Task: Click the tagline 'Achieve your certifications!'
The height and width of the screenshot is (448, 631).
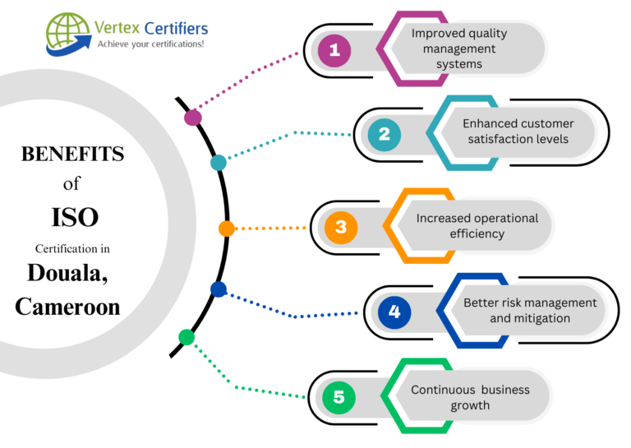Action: [150, 44]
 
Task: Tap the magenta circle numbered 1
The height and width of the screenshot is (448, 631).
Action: [334, 51]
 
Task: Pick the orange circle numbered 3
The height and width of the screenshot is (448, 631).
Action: [341, 228]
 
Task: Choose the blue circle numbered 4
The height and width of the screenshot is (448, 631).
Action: [394, 312]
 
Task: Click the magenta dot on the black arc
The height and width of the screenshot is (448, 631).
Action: [193, 117]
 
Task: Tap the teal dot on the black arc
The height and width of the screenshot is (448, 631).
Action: [218, 163]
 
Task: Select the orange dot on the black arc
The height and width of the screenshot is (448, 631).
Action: [227, 229]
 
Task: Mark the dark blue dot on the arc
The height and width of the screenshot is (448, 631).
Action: [218, 289]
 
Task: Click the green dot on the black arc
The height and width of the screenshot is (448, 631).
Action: [187, 336]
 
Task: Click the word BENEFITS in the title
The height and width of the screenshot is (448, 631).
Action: [72, 154]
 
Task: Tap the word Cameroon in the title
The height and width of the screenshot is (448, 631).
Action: [67, 306]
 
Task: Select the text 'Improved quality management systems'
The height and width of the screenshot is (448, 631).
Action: [458, 48]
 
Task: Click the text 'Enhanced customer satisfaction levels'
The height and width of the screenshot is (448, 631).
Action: [518, 132]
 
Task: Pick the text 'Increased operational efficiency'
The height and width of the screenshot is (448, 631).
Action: [477, 225]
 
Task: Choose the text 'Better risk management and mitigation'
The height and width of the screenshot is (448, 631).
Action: [529, 310]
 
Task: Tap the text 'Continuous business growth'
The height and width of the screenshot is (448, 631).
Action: [470, 397]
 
